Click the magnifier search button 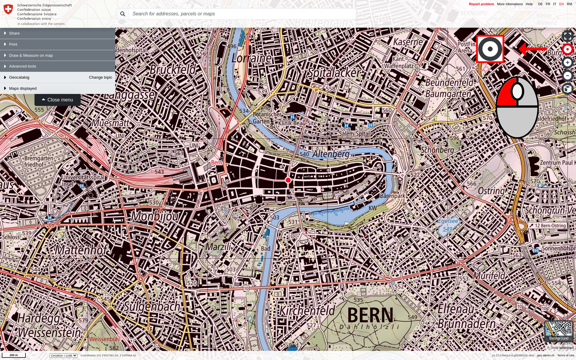122,14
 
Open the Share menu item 14,33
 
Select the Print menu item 13,45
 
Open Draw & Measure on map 31,56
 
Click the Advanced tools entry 22,66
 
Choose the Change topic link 100,78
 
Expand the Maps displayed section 23,89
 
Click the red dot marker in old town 288,180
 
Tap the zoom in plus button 567,63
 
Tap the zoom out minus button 567,76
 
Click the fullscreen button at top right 567,36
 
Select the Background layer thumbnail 558,331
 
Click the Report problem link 481,4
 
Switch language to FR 548,4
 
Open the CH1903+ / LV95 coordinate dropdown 63,355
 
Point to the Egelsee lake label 448,221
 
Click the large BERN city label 371,315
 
